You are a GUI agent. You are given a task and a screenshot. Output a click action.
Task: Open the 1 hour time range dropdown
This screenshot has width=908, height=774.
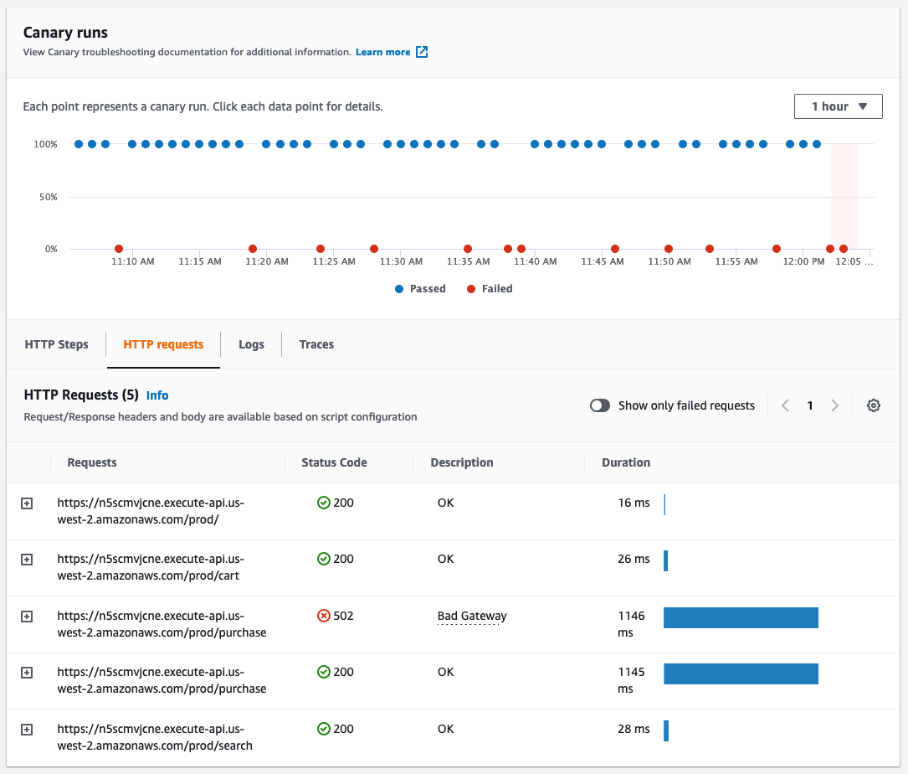coord(838,106)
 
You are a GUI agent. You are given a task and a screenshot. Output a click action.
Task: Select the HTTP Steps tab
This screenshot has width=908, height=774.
coord(56,344)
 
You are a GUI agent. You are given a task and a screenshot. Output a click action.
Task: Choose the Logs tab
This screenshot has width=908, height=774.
coord(251,344)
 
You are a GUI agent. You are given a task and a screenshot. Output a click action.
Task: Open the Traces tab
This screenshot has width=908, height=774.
coord(316,344)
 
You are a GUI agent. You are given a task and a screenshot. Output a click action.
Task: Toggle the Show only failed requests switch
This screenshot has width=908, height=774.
coord(600,405)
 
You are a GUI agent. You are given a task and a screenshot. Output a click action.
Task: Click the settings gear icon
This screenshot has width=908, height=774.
coord(874,405)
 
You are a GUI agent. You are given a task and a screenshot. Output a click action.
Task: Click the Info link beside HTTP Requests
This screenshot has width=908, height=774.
coord(157,395)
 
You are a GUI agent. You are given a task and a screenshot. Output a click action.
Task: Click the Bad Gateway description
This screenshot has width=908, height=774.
coord(472,616)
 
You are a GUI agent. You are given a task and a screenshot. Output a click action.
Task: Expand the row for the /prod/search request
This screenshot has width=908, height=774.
coord(27,730)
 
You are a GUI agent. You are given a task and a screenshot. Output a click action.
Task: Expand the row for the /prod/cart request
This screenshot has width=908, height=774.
coord(27,560)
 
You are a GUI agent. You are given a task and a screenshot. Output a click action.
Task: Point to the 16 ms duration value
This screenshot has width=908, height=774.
coord(634,503)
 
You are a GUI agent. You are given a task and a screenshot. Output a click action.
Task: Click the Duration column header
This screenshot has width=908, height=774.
coord(626,462)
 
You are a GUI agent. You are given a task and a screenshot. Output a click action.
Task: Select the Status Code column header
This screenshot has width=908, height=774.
coord(334,462)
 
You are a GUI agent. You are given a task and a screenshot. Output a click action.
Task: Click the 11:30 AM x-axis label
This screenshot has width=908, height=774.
coord(401,261)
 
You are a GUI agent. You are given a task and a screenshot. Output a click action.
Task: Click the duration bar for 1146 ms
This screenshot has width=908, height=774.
coord(741,617)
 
